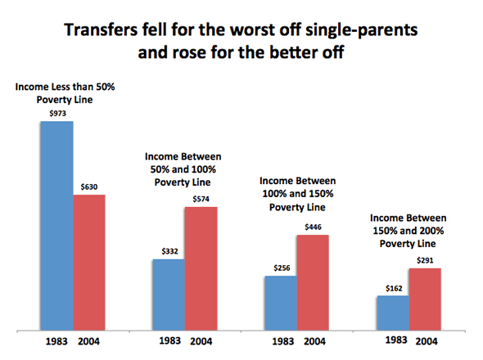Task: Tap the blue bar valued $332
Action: (168, 295)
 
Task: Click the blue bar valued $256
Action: (279, 303)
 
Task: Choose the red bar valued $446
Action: (311, 282)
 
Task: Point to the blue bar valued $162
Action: (392, 313)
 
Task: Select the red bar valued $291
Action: (424, 299)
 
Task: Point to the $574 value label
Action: (201, 200)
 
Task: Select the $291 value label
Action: (424, 261)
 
